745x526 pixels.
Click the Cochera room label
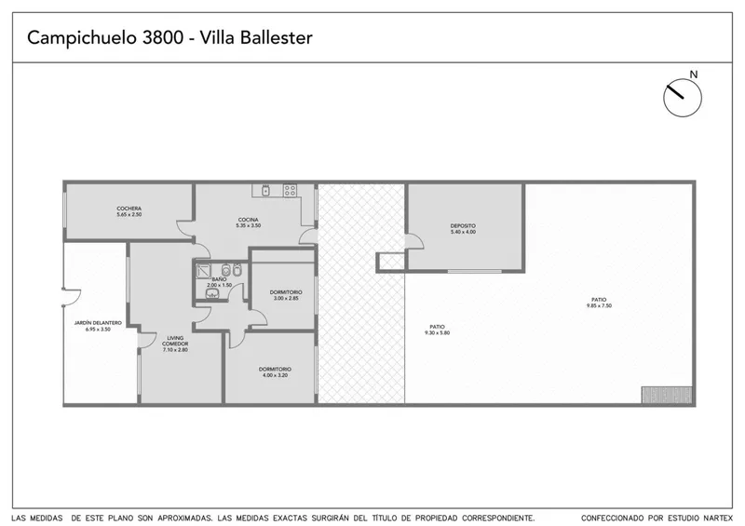(129, 211)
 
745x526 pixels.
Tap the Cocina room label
(249, 223)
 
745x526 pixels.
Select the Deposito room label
(463, 228)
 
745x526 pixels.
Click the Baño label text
(219, 279)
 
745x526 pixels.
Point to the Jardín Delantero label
(98, 326)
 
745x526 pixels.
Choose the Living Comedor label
(175, 344)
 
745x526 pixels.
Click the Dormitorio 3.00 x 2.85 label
(286, 295)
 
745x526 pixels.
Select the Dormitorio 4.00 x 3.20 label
(275, 372)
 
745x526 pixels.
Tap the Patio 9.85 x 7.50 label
(599, 303)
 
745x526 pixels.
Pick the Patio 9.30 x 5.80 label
(437, 330)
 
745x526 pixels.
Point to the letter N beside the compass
(694, 74)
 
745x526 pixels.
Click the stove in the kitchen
(290, 191)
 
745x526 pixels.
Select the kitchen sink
(266, 191)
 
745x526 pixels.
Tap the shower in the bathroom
(203, 271)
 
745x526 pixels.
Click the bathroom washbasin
(212, 293)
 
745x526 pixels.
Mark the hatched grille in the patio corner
(667, 395)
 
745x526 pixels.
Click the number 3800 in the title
(163, 37)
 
